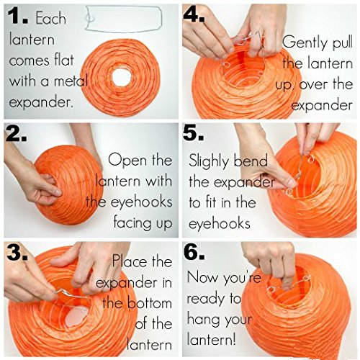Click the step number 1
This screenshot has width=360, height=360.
(x=18, y=17)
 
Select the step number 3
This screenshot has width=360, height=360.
(x=17, y=253)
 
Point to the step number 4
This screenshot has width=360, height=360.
(x=194, y=15)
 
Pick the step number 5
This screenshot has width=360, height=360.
(x=194, y=133)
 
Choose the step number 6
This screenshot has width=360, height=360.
(x=194, y=252)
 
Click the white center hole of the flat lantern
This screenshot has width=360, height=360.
(x=122, y=78)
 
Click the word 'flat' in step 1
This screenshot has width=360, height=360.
(x=64, y=60)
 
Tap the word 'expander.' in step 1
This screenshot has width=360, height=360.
(x=41, y=103)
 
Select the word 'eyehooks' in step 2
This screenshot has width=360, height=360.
(x=142, y=202)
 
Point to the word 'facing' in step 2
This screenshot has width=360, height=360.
(x=132, y=222)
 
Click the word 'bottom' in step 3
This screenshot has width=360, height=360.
(x=149, y=303)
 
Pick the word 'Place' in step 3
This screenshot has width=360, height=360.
(x=130, y=261)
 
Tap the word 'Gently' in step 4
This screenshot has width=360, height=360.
(x=305, y=42)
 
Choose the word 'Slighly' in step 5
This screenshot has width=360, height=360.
(x=208, y=161)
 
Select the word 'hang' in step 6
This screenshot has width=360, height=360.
(x=204, y=320)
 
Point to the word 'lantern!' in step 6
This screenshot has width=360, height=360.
(x=211, y=339)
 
